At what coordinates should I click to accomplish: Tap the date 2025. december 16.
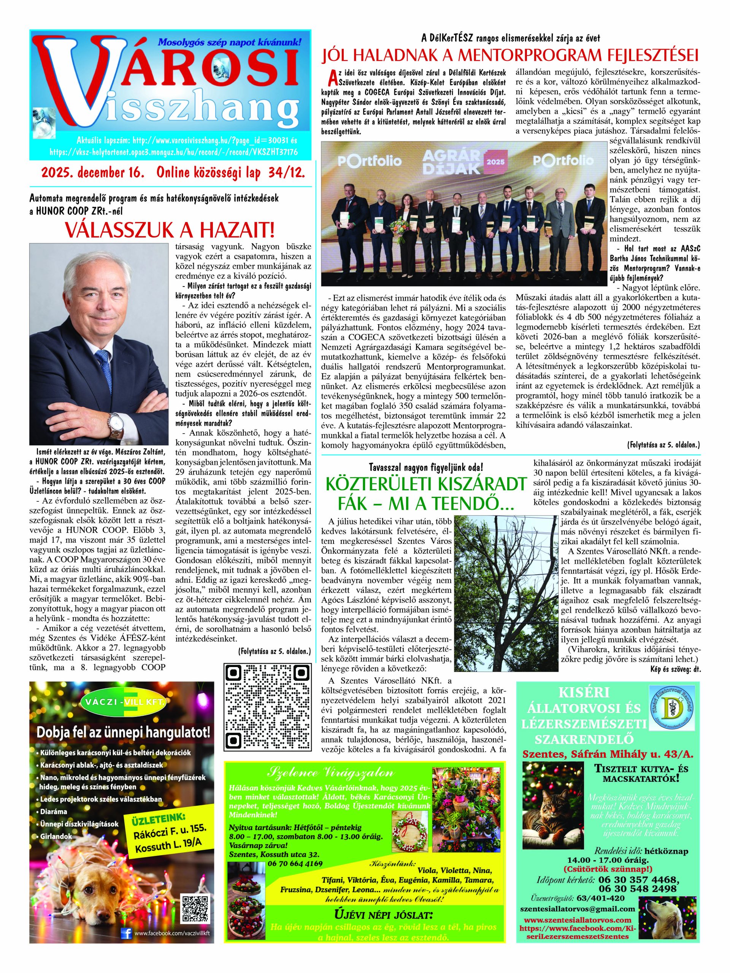tap(93, 173)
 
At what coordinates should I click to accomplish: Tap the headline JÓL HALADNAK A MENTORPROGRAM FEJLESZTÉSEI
tap(510, 56)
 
